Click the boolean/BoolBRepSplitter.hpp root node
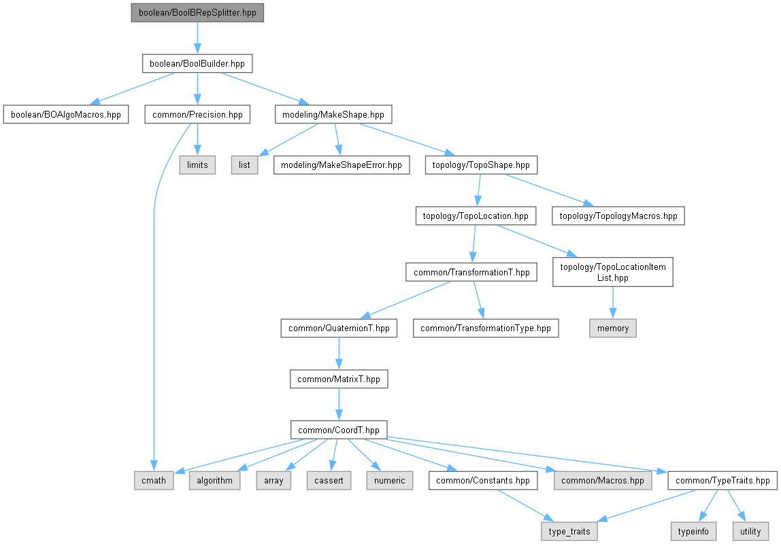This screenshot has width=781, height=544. [197, 13]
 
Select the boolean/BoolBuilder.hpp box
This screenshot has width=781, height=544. [197, 64]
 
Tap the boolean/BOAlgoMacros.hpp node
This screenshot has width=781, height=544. [66, 114]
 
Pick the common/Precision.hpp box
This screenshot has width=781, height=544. [197, 114]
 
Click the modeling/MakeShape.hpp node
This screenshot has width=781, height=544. [333, 114]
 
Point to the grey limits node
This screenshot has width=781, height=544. [197, 165]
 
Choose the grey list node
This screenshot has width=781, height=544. [245, 165]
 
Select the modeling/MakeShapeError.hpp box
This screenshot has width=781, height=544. [342, 165]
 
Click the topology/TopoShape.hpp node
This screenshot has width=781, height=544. [481, 165]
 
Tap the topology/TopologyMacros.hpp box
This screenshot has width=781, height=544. [618, 216]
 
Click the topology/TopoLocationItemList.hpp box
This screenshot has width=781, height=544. [613, 272]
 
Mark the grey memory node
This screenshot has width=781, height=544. [613, 328]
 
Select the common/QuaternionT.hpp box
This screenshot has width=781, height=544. [339, 328]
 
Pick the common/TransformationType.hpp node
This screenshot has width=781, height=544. [486, 328]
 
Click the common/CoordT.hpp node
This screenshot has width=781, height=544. [339, 430]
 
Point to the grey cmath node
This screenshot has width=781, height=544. [154, 481]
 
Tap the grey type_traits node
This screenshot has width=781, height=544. [569, 531]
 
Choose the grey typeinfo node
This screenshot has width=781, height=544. [693, 531]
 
